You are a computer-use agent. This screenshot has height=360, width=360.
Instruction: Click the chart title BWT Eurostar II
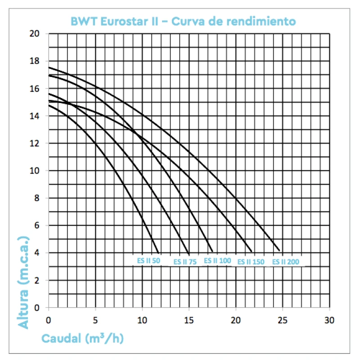point(183,21)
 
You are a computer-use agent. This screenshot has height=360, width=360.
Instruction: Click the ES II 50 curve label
point(148,260)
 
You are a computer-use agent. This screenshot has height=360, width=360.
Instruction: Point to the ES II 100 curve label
point(217,260)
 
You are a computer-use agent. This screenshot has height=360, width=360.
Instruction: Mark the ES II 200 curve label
point(285,261)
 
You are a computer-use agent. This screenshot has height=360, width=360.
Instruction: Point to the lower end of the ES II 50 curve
point(158,252)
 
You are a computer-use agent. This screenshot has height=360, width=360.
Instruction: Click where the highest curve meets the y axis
point(49,67)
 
